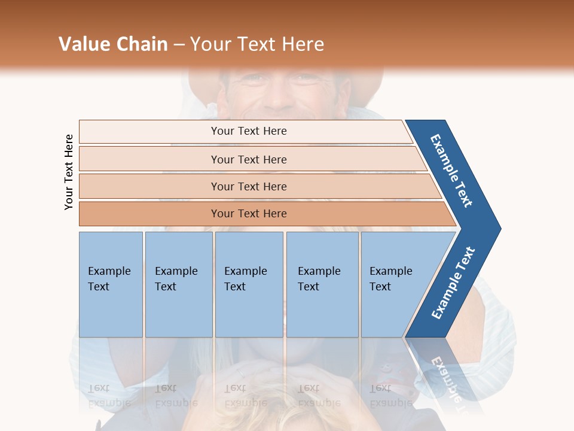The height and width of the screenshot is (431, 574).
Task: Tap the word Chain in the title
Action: [142, 44]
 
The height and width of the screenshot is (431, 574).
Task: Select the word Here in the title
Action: [303, 44]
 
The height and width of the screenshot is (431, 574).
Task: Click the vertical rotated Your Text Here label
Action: [69, 172]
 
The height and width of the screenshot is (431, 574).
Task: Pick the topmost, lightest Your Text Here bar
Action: [248, 131]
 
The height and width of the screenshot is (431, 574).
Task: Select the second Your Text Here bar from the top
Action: [248, 159]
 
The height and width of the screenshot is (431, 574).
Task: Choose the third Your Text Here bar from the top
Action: [248, 186]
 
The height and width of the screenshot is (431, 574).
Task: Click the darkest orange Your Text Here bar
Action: [248, 214]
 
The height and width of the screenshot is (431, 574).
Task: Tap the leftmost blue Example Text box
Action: [111, 284]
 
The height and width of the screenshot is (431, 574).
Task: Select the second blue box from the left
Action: [178, 284]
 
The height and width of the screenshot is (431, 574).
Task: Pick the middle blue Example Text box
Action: [249, 284]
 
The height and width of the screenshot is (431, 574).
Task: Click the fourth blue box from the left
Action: [322, 284]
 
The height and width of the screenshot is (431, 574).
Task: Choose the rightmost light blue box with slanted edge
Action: [395, 284]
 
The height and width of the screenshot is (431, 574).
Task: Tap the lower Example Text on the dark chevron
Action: [453, 283]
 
